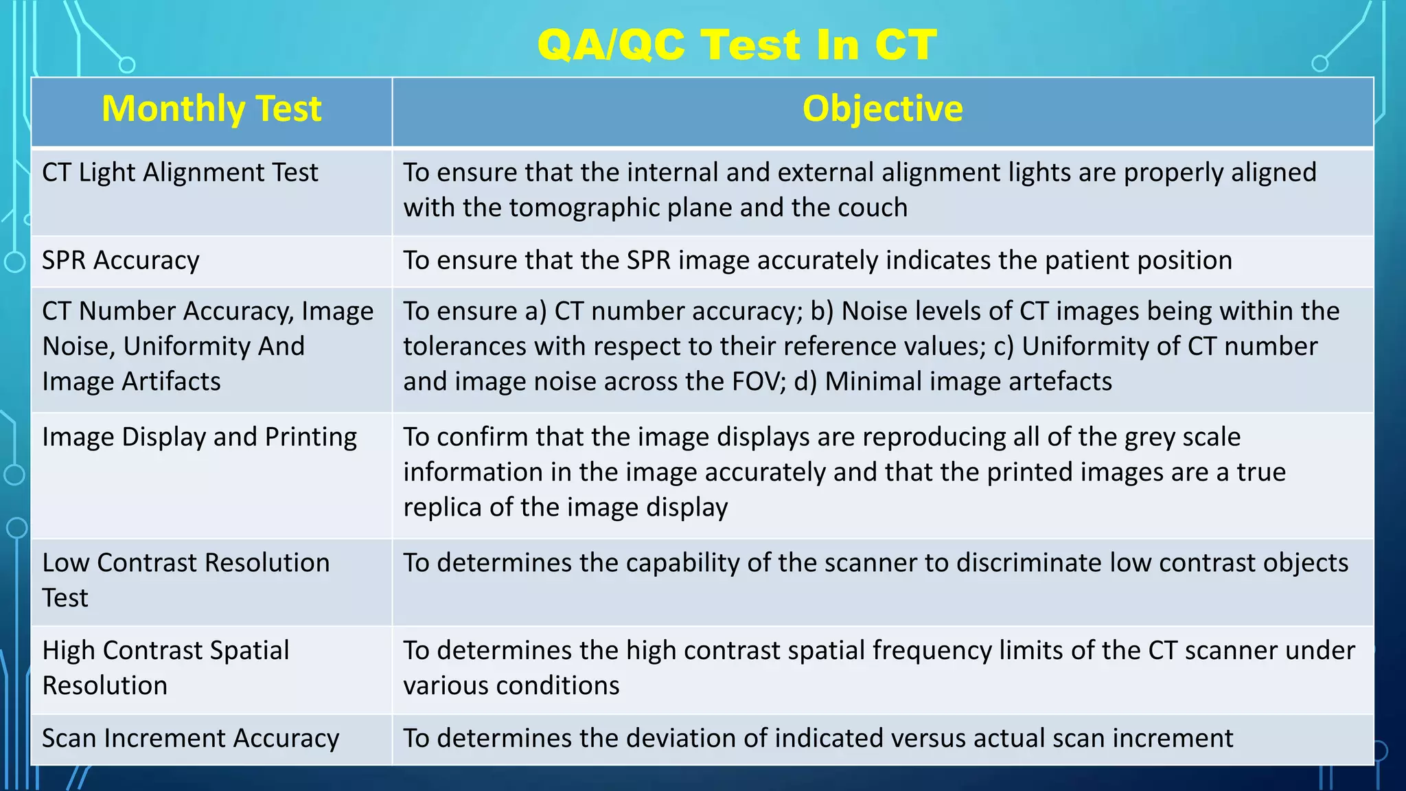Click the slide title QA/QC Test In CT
pyautogui.click(x=737, y=45)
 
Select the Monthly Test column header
pyautogui.click(x=211, y=109)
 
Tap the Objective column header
pyautogui.click(x=882, y=109)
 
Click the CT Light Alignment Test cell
pyautogui.click(x=180, y=172)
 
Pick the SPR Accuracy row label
pyautogui.click(x=121, y=260)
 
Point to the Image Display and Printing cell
pyautogui.click(x=199, y=437)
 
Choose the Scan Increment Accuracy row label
pyautogui.click(x=190, y=738)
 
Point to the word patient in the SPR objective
pyautogui.click(x=1087, y=260)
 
